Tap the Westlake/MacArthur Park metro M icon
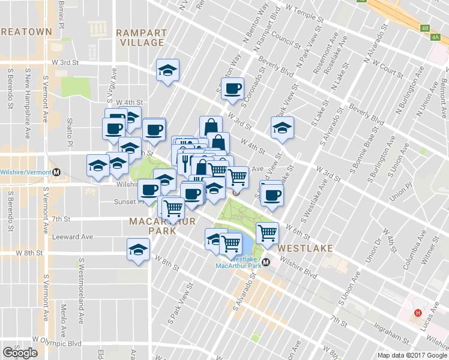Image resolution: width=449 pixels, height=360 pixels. (x=267, y=262)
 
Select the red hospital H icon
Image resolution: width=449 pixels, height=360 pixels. (x=418, y=313)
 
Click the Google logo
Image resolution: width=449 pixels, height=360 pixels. (x=20, y=353)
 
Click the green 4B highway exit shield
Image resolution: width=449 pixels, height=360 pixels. (x=426, y=28)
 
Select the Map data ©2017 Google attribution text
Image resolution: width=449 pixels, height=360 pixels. (x=412, y=355)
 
